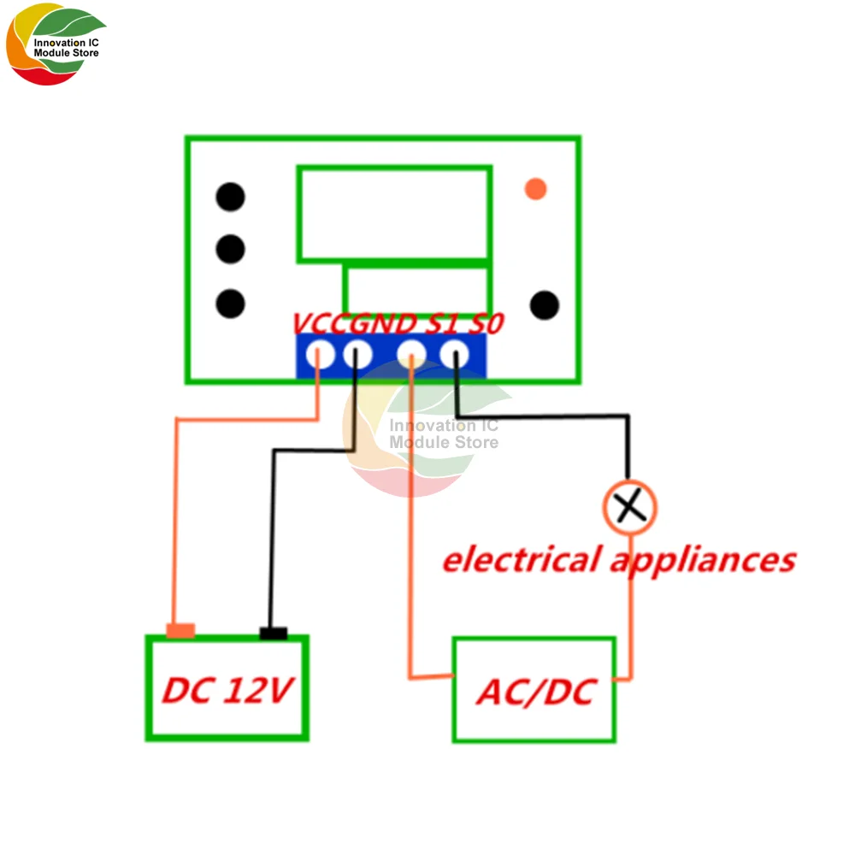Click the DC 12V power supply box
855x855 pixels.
tap(227, 688)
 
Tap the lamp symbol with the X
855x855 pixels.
tap(630, 507)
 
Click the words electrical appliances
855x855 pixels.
tap(618, 560)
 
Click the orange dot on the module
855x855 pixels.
tap(535, 188)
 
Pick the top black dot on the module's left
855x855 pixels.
tap(230, 198)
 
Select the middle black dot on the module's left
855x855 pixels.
tap(230, 250)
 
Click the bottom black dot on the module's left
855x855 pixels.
tap(230, 304)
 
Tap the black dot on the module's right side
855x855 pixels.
tap(544, 304)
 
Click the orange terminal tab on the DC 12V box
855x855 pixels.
tap(180, 631)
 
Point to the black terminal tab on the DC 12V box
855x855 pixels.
tap(274, 634)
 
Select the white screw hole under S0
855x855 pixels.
tap(455, 353)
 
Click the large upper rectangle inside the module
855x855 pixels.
tap(393, 214)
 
